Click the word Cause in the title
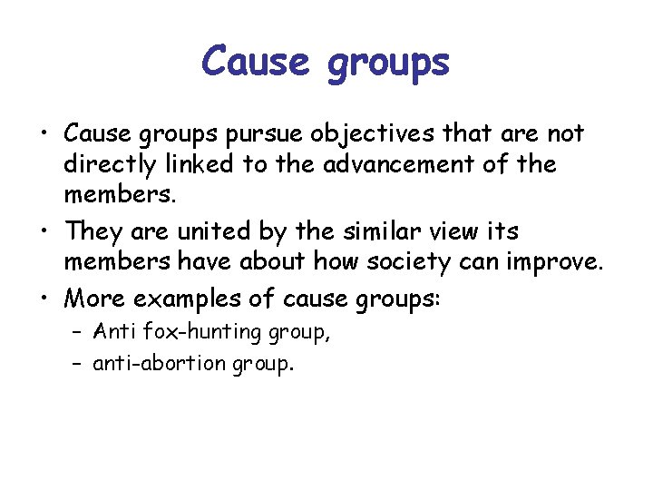point(254,62)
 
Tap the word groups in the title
point(390,64)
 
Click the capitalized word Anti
point(113,332)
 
